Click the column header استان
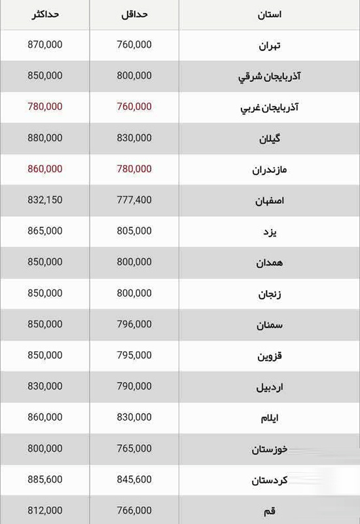pos(269,14)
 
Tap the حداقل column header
pos(135,14)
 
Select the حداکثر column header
pos(46,14)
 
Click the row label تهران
pos(269,46)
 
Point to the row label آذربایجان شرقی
pos(269,77)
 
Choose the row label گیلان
pos(269,139)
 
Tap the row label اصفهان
pos(269,200)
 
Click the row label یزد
pos(269,232)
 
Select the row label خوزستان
pos(269,450)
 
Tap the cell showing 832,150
pos(46,200)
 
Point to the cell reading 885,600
pos(46,479)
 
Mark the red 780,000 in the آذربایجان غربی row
pos(46,107)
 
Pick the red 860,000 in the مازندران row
pos(46,169)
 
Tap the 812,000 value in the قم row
pos(46,511)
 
